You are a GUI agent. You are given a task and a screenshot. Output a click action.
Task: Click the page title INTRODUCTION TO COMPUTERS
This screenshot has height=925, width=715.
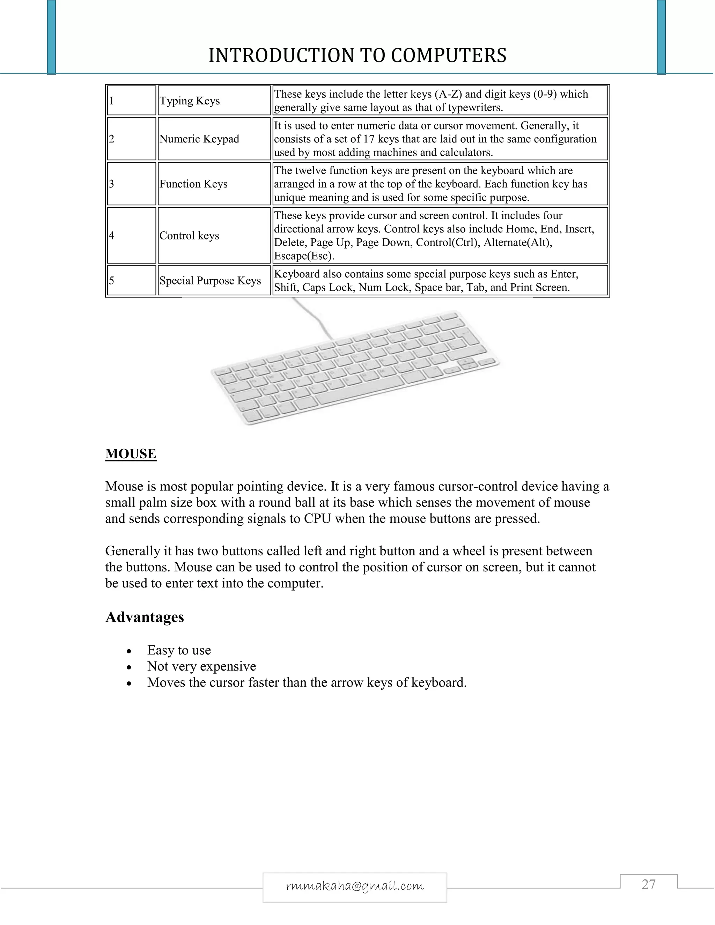coord(357,55)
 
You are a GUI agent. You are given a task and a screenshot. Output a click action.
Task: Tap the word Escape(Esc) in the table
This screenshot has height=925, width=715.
coord(304,256)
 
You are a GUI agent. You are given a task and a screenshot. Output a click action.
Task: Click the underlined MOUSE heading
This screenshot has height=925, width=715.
coord(131,454)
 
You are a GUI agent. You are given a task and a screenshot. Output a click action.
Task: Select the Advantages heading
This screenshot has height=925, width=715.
coord(145,617)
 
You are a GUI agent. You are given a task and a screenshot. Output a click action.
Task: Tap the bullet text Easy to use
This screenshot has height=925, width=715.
coord(179,650)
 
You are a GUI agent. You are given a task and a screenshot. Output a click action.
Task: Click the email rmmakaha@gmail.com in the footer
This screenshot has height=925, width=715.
coord(355,886)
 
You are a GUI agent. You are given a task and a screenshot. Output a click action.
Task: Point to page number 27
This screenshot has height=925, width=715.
coord(649,885)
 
